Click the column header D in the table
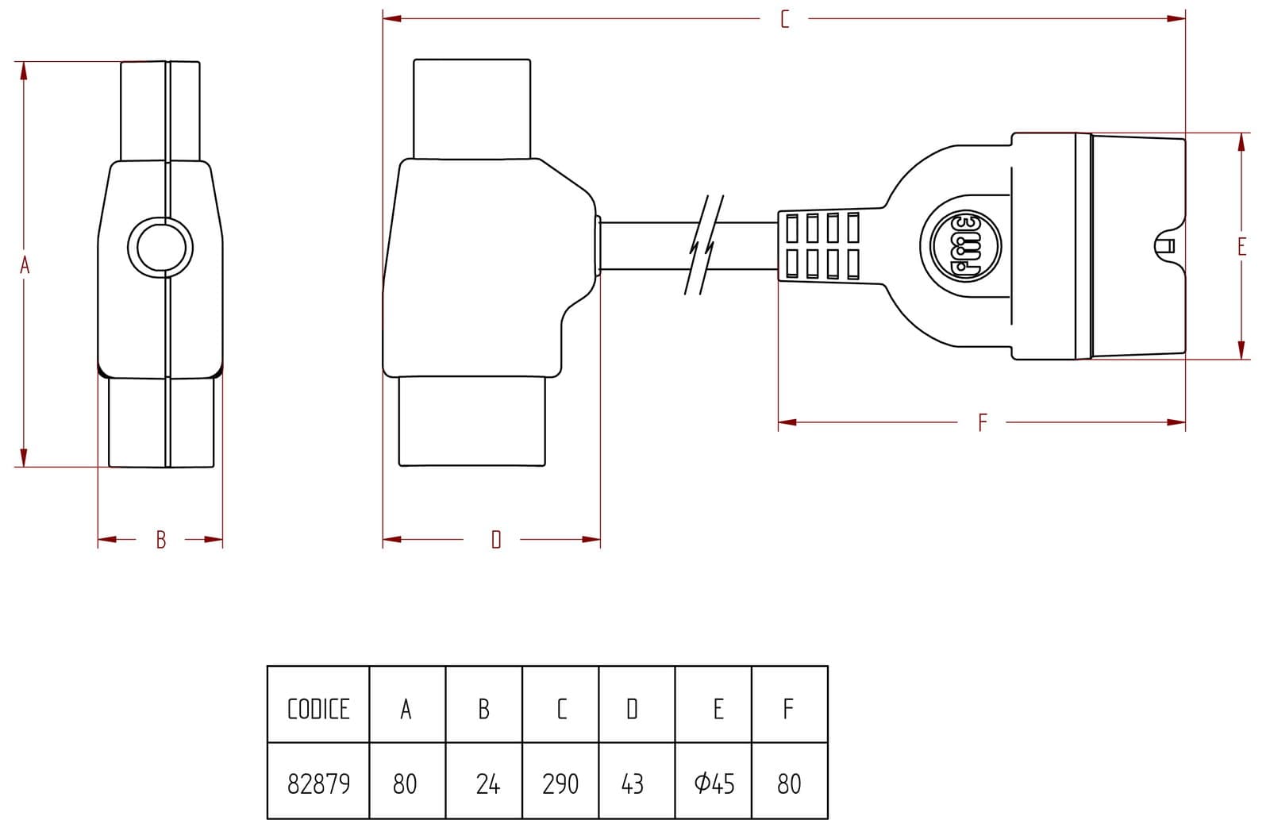click(x=632, y=709)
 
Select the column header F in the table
click(x=788, y=709)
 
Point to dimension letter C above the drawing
click(x=785, y=19)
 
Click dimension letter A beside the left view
click(x=25, y=265)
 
